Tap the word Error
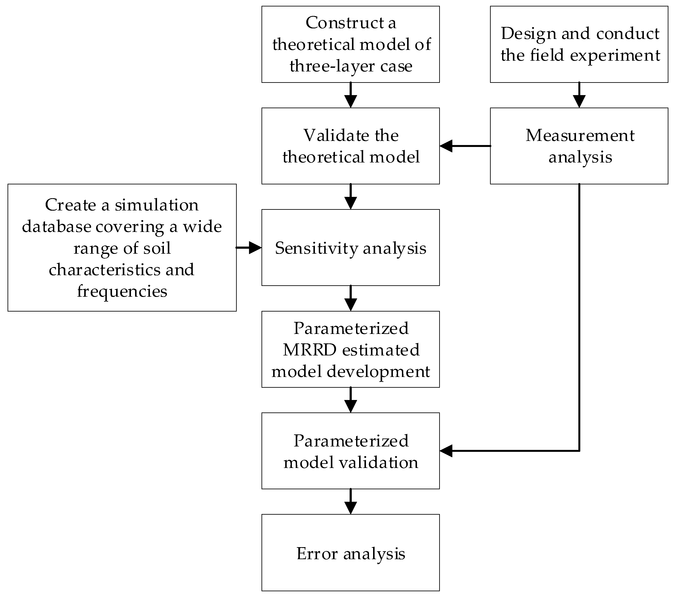pyautogui.click(x=317, y=554)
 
